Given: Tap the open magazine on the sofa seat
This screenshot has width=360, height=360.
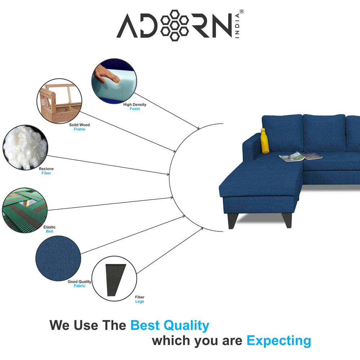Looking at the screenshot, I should click(301, 157).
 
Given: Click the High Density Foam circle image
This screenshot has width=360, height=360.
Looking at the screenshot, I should click(114, 81).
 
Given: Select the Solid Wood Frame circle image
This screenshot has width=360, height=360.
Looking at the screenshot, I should click(59, 101).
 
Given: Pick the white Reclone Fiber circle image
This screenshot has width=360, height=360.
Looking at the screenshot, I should click(25, 148).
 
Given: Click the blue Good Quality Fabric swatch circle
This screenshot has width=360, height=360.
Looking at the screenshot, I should click(58, 258).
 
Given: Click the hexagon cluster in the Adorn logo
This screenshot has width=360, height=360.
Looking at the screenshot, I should click(174, 25).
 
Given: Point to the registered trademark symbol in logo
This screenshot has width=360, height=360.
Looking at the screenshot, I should click(242, 12).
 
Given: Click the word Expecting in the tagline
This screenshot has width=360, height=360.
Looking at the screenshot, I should click(279, 340).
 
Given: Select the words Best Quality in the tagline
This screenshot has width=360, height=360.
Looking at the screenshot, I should click(170, 325).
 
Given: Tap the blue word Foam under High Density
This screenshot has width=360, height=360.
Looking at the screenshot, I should click(135, 109).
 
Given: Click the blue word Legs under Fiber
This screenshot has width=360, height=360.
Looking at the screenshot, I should click(139, 302).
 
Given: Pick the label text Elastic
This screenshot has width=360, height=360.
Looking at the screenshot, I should click(49, 227).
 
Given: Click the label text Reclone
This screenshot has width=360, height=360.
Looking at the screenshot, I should click(46, 169).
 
